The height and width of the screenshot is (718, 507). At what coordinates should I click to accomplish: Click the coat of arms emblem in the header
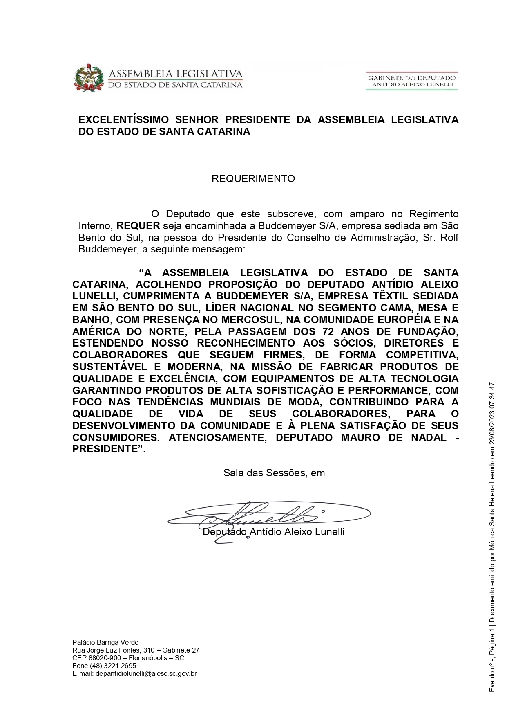[89, 78]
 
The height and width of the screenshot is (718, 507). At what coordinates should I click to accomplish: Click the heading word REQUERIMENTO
[253, 179]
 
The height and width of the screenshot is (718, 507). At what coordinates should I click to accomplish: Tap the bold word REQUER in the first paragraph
[138, 226]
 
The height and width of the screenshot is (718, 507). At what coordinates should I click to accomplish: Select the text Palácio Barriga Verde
[105, 642]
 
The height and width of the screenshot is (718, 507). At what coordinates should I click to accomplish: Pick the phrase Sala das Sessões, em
[274, 473]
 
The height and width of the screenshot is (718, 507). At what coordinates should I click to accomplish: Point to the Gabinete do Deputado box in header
[411, 81]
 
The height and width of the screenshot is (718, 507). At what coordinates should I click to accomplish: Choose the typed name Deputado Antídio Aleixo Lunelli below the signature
[274, 532]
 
